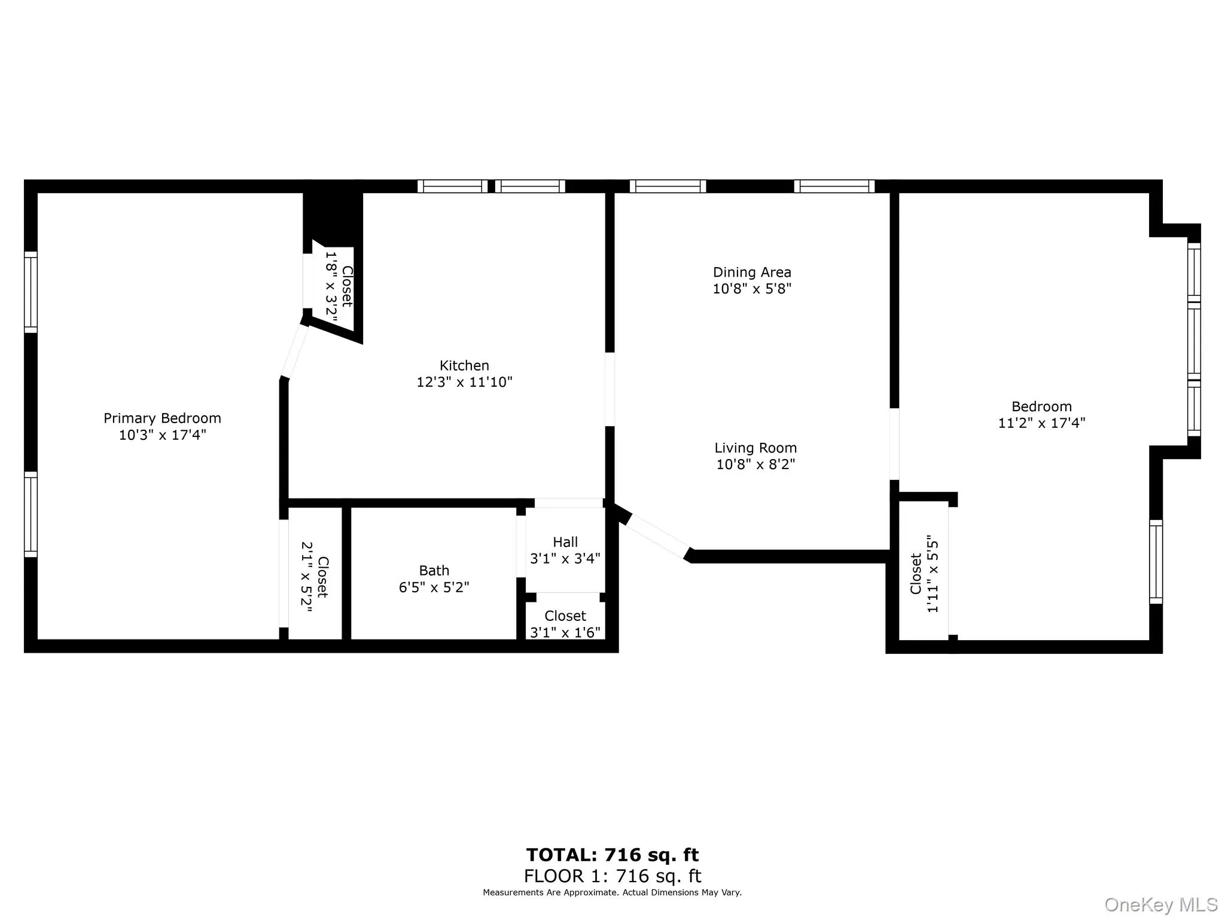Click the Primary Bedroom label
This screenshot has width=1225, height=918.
point(162,418)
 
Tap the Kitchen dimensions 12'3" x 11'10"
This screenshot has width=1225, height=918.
point(464,382)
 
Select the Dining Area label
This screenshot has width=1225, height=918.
point(752,273)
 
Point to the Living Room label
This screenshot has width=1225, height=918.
point(755,448)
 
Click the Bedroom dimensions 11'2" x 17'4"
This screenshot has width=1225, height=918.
point(1041,423)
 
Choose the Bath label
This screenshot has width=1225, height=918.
point(434,571)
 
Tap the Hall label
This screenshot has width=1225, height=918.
point(565,542)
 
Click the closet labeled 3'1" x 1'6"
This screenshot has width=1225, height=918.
point(565,624)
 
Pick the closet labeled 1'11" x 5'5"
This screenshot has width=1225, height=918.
point(924,574)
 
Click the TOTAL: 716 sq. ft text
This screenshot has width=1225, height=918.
point(612,855)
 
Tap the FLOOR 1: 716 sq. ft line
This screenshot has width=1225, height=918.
point(612,876)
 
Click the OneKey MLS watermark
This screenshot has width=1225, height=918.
point(1161,904)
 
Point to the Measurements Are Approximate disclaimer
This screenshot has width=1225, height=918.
point(612,892)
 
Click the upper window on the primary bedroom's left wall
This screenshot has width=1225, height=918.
point(31,292)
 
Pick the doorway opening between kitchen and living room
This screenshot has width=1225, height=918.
point(610,389)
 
